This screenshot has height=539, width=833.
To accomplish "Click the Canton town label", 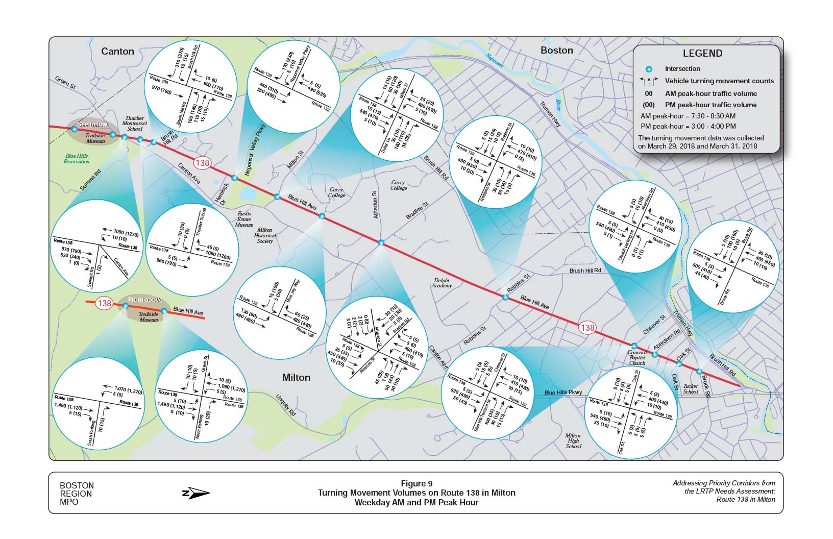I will click(117, 51).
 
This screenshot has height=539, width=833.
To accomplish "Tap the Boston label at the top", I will click(556, 50).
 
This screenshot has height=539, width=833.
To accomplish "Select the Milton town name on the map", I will click(296, 377).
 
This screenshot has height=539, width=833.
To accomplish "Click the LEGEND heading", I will click(702, 54).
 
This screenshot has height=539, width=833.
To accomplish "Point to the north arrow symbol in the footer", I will click(196, 494).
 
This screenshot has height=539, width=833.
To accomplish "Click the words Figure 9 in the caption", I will click(416, 483).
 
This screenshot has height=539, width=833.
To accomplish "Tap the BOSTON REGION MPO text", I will click(77, 494).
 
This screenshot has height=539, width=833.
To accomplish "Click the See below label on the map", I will click(92, 125).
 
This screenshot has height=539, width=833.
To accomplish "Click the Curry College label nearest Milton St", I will click(336, 192).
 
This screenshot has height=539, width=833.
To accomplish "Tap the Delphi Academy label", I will click(442, 283).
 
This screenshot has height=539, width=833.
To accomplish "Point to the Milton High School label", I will click(573, 441).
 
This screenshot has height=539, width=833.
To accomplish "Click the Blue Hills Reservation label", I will click(77, 159).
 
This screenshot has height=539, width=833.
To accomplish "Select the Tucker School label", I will click(690, 389).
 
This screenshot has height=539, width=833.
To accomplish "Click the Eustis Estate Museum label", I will click(243, 219).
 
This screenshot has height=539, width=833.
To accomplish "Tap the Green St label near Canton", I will click(65, 83).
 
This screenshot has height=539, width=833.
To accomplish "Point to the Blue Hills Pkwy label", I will click(563, 393).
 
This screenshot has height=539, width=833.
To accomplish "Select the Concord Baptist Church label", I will click(636, 358).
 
